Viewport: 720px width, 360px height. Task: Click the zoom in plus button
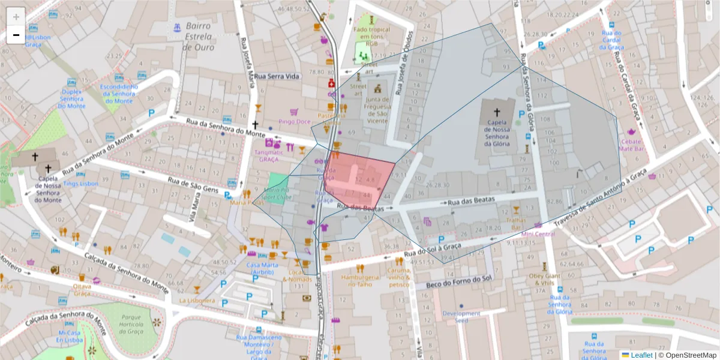[x=16, y=17]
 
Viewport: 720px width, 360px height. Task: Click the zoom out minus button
[x=16, y=35]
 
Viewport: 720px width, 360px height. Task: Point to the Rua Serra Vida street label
[x=277, y=77]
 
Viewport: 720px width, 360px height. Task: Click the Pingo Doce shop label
[x=294, y=122]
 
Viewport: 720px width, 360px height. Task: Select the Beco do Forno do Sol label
[x=458, y=279]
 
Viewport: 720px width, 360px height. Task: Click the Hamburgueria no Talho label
[x=360, y=281]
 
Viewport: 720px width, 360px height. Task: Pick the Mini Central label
[x=538, y=234]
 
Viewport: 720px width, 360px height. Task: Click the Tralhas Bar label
[x=515, y=223]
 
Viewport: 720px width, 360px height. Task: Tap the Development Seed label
[x=461, y=317]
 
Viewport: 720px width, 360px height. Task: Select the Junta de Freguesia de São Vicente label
[x=376, y=110]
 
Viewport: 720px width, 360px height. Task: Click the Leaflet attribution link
[x=641, y=355]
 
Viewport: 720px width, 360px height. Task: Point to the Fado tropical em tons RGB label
[x=372, y=36]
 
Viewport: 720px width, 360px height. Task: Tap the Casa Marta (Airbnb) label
[x=260, y=268]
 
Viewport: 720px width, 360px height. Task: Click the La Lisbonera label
[x=197, y=300]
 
